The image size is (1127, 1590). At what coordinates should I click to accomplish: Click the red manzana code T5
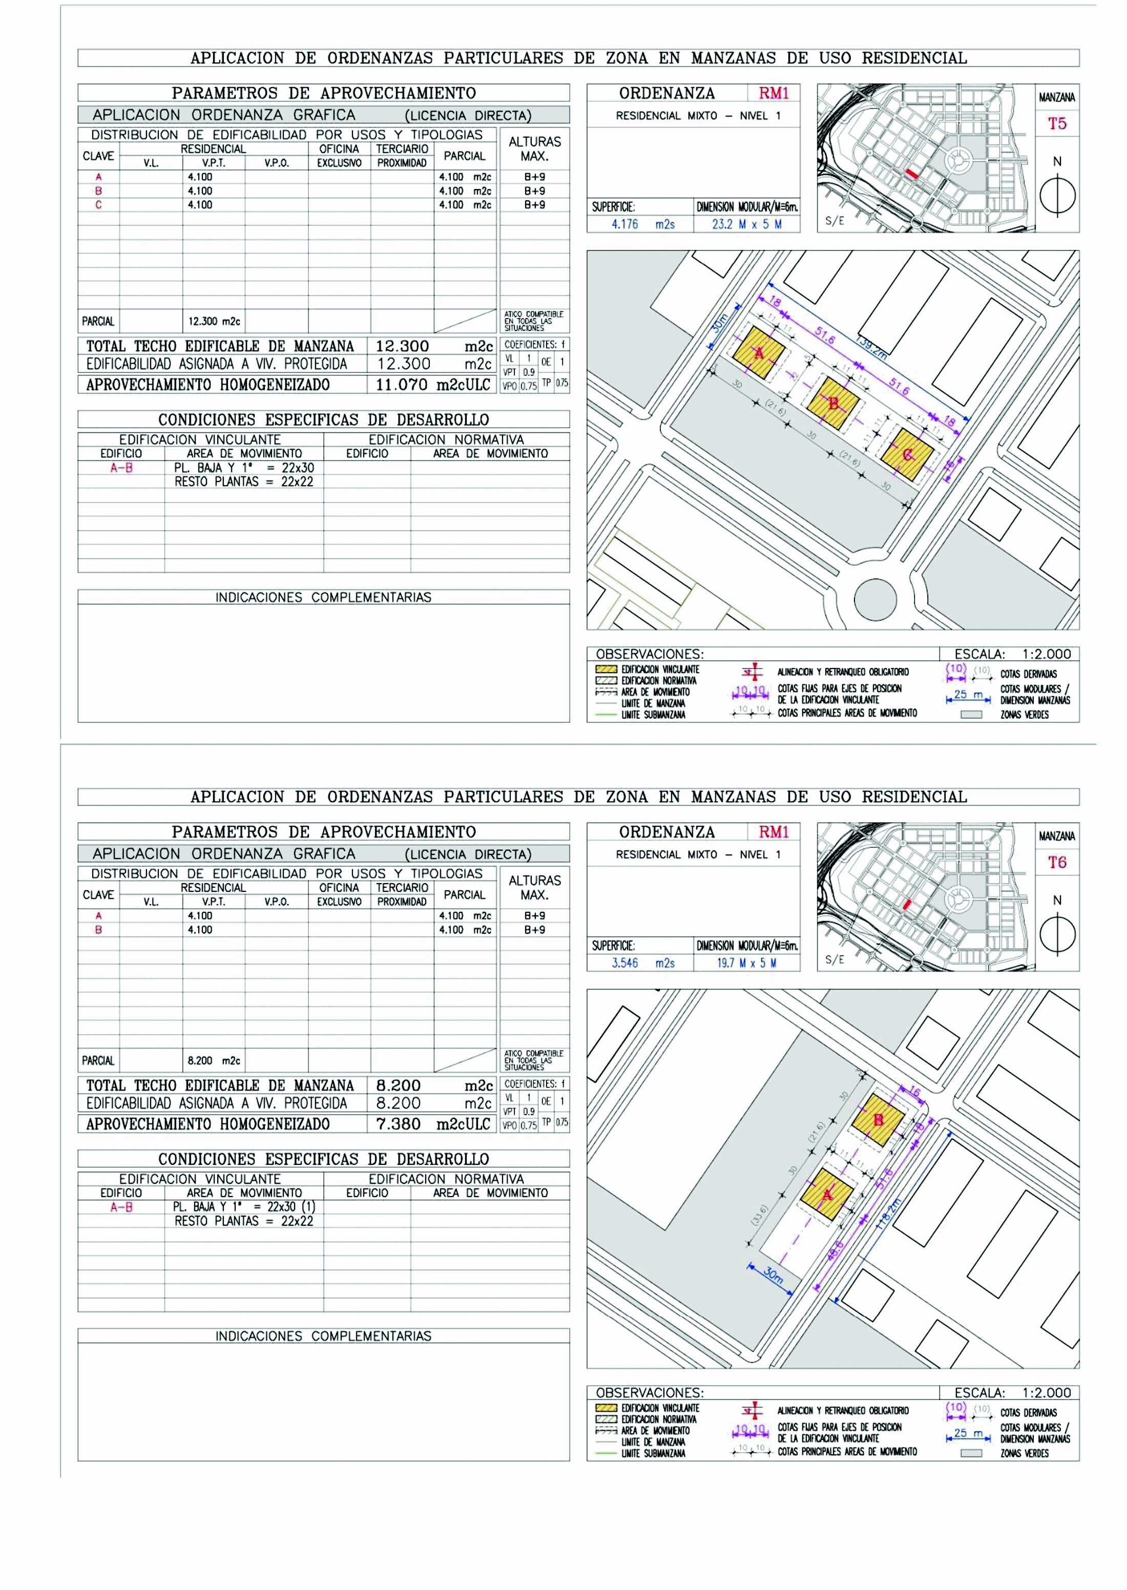point(1056,123)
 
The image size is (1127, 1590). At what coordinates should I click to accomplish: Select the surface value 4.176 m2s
point(642,224)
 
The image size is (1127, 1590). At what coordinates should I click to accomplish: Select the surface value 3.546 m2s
point(642,963)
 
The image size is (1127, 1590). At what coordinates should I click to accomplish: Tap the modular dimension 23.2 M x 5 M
point(746,224)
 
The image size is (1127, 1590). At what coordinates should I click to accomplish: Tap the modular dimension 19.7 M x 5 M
point(746,963)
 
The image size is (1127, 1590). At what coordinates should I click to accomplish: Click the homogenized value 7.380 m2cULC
point(432,1124)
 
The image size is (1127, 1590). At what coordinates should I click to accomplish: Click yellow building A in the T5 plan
point(759,353)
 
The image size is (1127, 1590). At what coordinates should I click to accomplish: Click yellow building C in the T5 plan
point(907,454)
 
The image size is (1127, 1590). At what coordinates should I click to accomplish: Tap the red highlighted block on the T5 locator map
point(912,174)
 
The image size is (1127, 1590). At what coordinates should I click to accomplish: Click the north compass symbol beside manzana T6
point(1057,934)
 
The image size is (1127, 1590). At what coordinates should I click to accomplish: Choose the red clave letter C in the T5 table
point(98,205)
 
